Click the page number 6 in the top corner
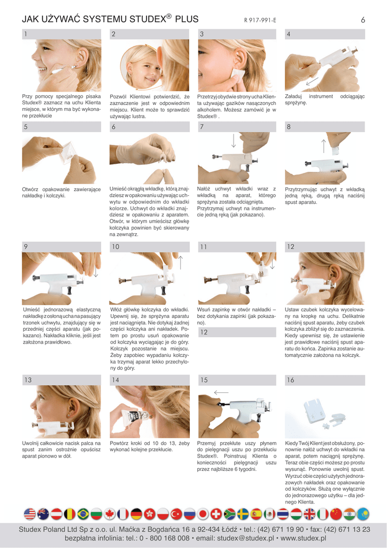363,20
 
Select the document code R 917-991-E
260,20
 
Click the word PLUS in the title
187,19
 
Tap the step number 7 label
202,127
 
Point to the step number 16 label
290,380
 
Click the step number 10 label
115,247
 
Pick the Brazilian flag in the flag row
83,514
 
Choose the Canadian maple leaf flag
110,514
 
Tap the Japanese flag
203,514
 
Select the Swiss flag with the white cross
216,514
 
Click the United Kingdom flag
309,514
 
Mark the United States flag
30,514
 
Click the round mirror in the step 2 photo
140,66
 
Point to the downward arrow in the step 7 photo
234,140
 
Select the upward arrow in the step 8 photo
323,146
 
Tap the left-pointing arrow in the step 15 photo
221,392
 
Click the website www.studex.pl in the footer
303,538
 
